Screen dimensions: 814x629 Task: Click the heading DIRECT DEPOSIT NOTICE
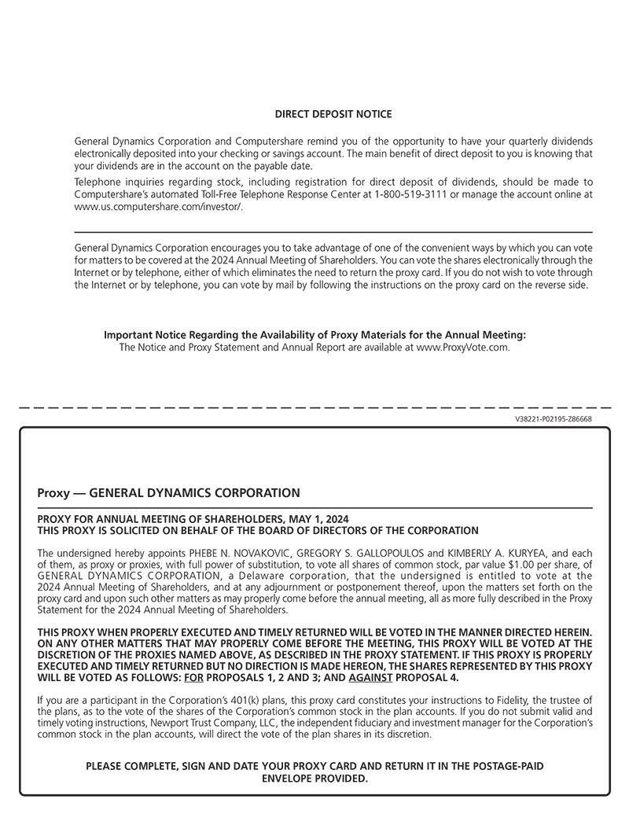pos(333,115)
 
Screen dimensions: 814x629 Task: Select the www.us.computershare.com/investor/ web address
pos(158,206)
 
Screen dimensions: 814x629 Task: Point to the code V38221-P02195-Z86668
pos(554,419)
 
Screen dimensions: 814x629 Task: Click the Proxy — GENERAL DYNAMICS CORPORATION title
pos(168,493)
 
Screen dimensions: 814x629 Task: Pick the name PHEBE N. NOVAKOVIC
pos(231,553)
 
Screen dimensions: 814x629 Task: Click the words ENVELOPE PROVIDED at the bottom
pos(314,779)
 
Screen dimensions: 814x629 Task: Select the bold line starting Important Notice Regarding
pos(314,335)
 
